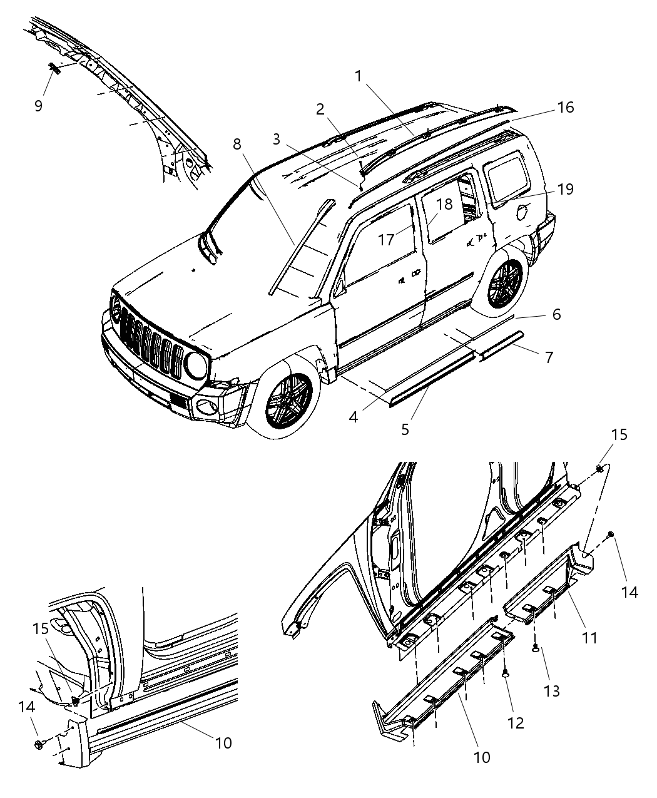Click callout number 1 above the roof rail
pos(358,76)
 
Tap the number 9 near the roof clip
pos(38,106)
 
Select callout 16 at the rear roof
pos(565,108)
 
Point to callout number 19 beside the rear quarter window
pos(565,189)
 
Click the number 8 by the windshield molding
pos(237,144)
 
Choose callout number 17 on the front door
pos(386,239)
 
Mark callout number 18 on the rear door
pos(444,205)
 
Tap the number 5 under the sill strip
pos(405,429)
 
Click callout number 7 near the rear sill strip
pos(549,357)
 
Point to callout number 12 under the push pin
pos(516,722)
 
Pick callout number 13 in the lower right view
pos(551,690)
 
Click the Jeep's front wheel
pos(290,400)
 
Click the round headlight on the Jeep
pos(196,366)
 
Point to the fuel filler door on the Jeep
pos(522,212)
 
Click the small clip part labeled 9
pos(54,68)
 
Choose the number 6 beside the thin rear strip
pos(556,314)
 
